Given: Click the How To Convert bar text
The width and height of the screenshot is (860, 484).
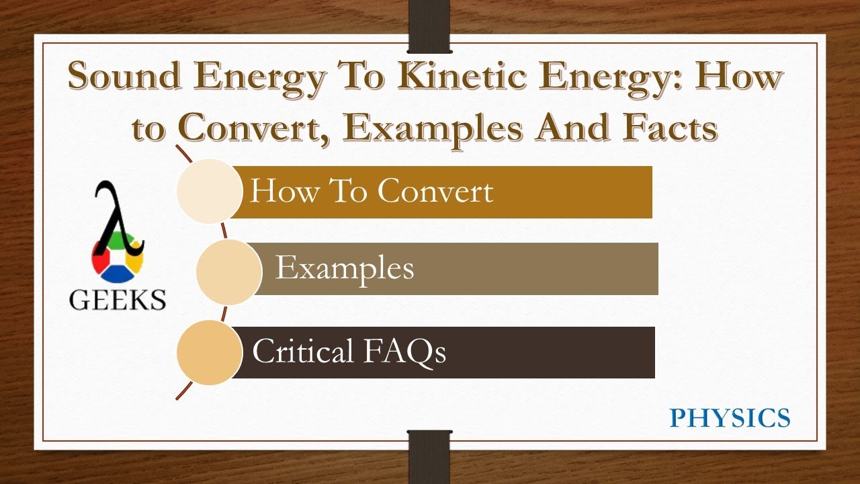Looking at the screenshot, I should point(372,192).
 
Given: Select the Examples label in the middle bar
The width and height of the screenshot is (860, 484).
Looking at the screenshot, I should point(345,268).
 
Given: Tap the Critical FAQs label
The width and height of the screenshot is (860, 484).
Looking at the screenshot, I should point(349,351).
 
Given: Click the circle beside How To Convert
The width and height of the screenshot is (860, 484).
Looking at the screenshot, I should point(210,192).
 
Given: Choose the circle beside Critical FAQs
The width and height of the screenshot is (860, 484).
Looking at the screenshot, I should point(210,352).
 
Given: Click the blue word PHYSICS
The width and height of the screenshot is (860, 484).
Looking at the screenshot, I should point(730,418).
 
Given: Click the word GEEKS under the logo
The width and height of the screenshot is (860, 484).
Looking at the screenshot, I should point(118,299).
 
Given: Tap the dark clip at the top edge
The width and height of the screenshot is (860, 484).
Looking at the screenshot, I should point(429,27).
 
